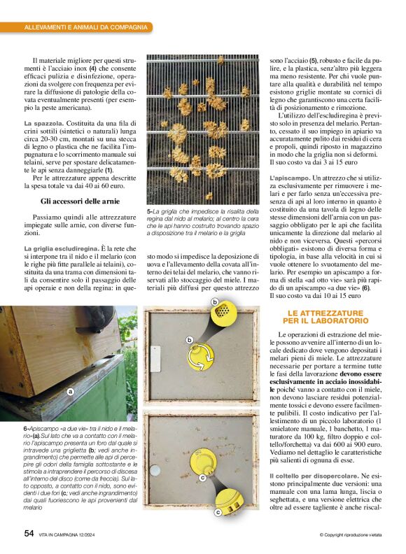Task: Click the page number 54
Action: coord(29,533)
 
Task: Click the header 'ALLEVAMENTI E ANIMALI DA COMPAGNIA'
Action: coord(86,27)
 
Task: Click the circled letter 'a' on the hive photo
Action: coord(70,392)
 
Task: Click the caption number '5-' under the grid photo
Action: coord(150,210)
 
